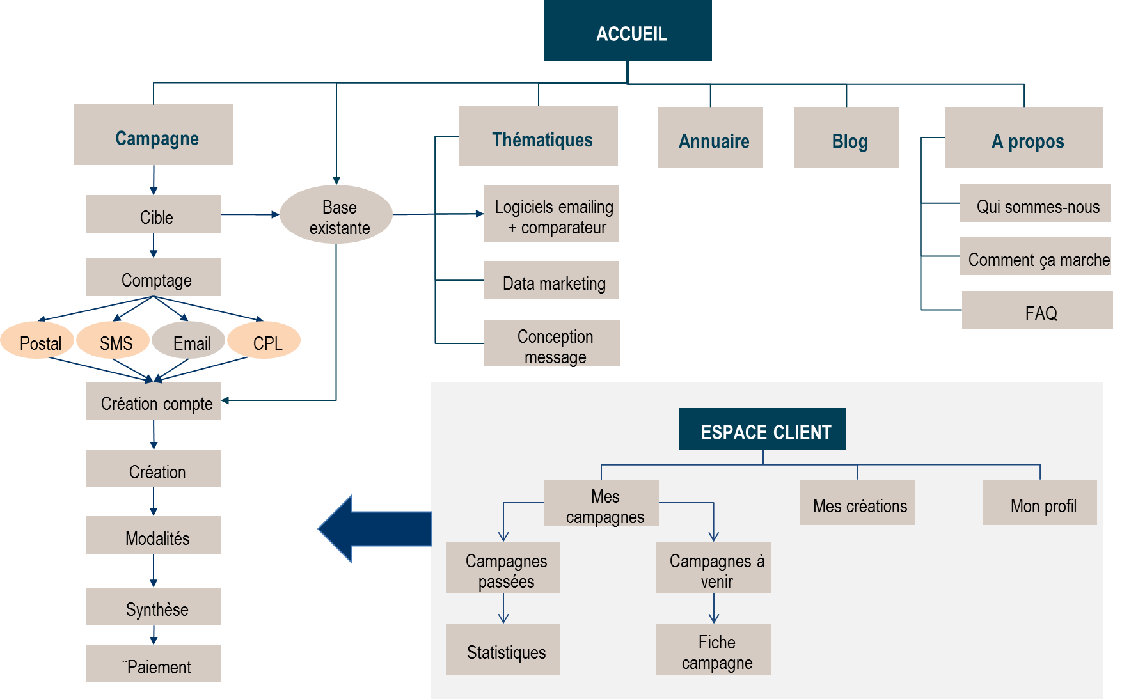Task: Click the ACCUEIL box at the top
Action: (x=628, y=31)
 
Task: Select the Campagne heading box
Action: (x=154, y=135)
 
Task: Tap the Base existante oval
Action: (x=336, y=215)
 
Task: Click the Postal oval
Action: (x=38, y=340)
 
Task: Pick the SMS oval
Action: (x=113, y=340)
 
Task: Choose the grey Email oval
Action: (x=189, y=340)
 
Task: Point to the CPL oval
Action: (x=264, y=340)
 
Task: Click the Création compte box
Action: (x=154, y=401)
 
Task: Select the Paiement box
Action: (x=154, y=664)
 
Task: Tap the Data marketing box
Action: (x=551, y=280)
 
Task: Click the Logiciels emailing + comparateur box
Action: (x=551, y=214)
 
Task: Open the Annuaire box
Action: (x=710, y=138)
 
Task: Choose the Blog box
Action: (x=846, y=138)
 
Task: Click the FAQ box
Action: (x=1037, y=310)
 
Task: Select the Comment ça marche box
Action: (x=1036, y=256)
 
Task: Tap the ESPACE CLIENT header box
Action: (x=762, y=429)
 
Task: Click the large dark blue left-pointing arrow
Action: (x=374, y=529)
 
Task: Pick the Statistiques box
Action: (x=503, y=649)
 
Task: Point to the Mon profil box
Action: (x=1039, y=503)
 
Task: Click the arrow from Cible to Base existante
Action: (x=249, y=214)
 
